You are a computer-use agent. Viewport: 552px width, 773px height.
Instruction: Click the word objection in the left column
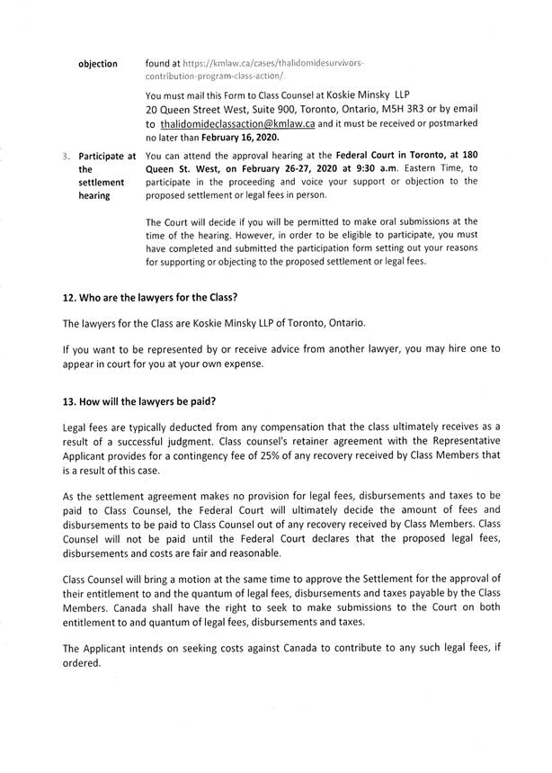[98, 64]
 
